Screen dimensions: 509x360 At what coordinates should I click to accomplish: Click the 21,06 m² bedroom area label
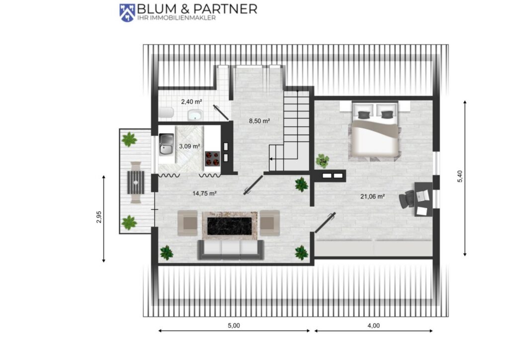coord(372,196)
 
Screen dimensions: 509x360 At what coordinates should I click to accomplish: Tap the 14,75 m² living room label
coord(204,193)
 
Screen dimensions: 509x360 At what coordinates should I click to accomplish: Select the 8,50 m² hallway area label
coord(259,121)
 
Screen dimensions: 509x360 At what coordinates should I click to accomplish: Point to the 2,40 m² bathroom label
coord(191,101)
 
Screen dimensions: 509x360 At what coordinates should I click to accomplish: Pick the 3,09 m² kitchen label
coord(189,146)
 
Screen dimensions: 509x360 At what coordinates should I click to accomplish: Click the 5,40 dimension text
coord(460,176)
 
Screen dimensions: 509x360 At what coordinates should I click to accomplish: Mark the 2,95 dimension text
coord(99,217)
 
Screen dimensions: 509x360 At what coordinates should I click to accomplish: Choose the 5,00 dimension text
coord(234,325)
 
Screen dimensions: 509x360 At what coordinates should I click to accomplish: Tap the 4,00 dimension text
coord(373,325)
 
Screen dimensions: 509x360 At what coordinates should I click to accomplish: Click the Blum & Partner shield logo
coord(127,12)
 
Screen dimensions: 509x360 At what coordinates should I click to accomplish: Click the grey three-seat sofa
coord(231,250)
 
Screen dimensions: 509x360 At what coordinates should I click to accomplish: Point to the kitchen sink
coord(166,145)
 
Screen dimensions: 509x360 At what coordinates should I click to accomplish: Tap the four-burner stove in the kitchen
coord(212,159)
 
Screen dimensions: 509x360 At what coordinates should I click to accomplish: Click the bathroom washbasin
coord(195,115)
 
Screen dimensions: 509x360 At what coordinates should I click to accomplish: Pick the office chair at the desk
coord(406,198)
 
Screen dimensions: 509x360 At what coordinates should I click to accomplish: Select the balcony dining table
coord(136,182)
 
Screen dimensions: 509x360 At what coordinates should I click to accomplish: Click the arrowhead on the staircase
coord(271,159)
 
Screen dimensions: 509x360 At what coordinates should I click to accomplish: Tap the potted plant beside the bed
coord(322,161)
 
